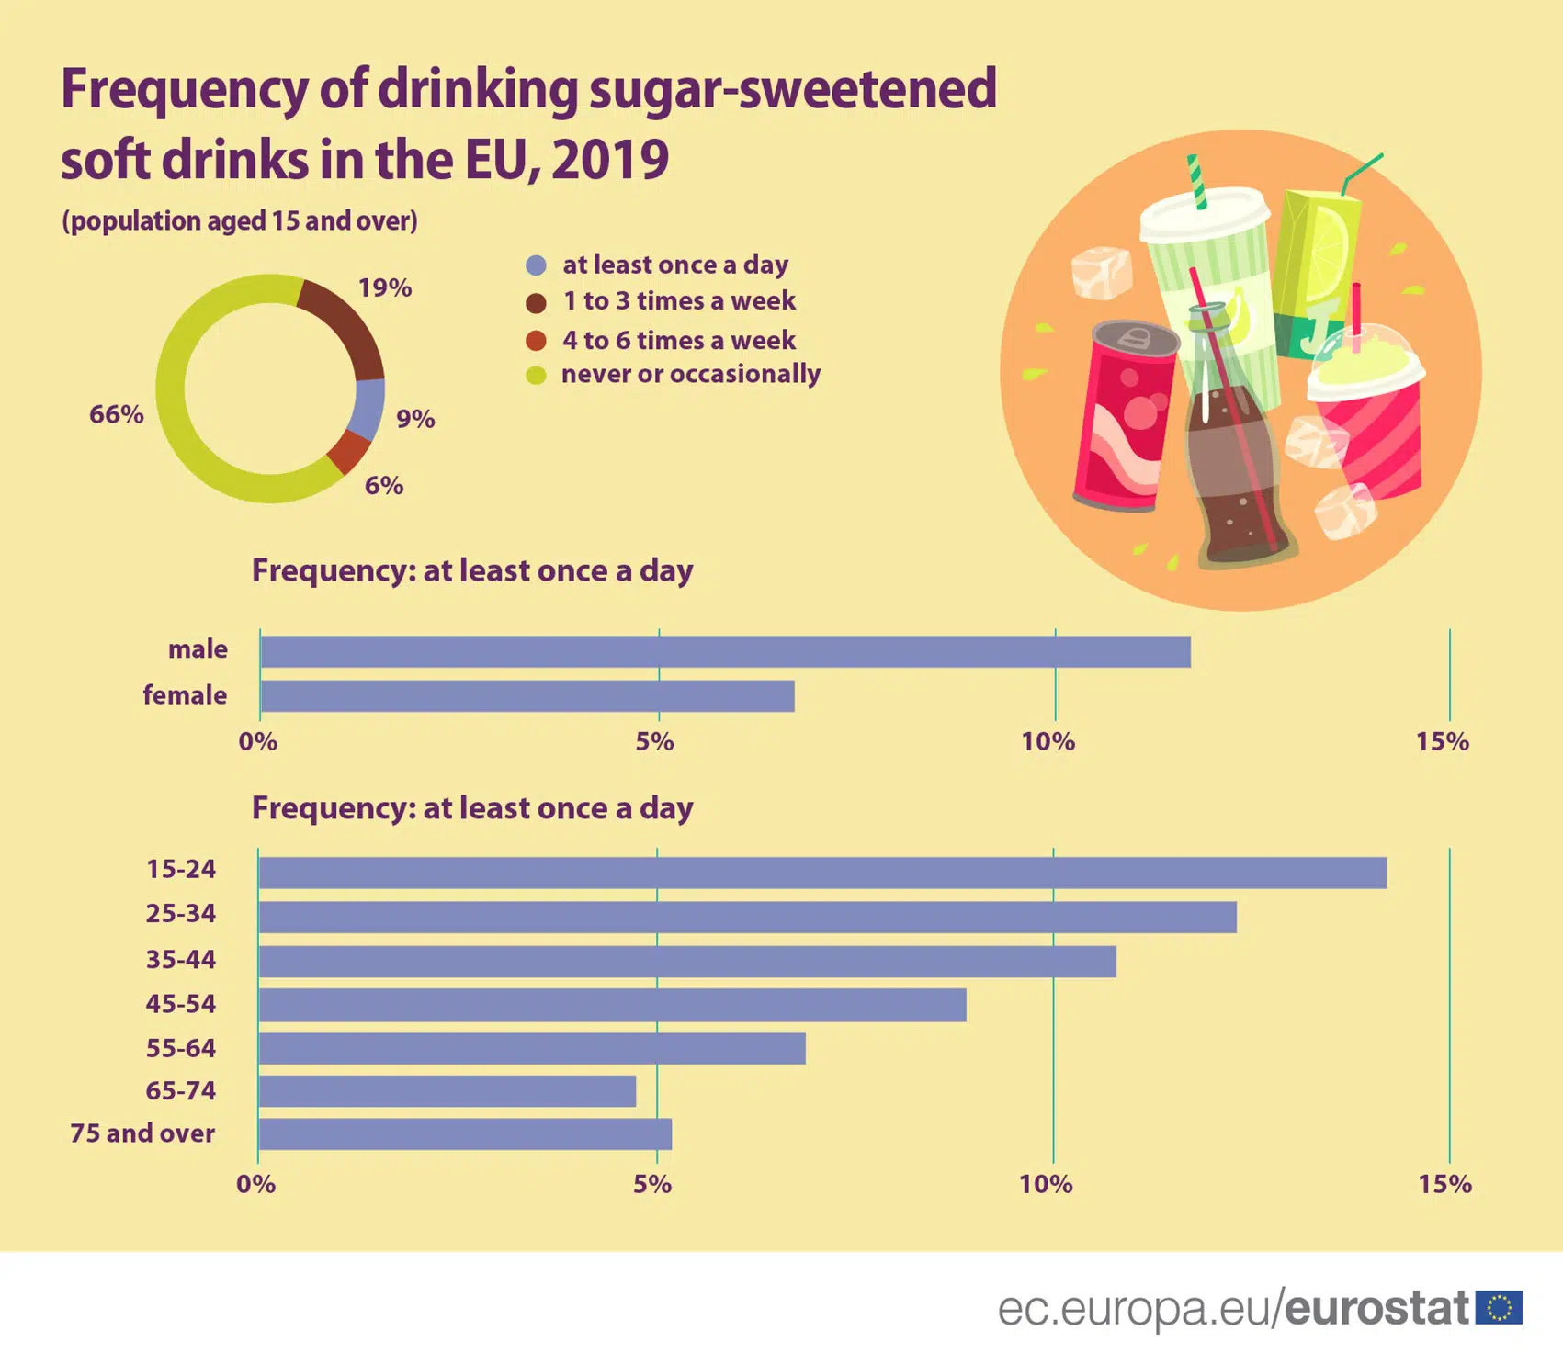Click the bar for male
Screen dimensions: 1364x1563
(x=725, y=651)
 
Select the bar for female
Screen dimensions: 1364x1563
(x=527, y=696)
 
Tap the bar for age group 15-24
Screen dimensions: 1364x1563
(x=822, y=873)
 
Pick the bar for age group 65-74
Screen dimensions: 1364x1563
(x=447, y=1091)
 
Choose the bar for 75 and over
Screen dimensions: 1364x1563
(x=465, y=1134)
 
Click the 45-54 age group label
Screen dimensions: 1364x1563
(x=181, y=1003)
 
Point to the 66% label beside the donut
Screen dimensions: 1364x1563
(x=116, y=414)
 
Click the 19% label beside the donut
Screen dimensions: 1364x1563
(x=384, y=287)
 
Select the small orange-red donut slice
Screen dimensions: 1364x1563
(x=349, y=450)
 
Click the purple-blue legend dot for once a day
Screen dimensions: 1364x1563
(x=536, y=265)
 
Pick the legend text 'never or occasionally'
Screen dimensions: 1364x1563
(x=691, y=374)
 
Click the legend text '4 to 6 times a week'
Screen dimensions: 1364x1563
(x=679, y=340)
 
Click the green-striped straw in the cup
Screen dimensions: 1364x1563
(x=1195, y=181)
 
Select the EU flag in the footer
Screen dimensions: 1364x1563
(x=1499, y=1307)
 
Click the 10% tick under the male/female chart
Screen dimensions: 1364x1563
(x=1048, y=741)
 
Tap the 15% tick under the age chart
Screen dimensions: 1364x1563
(x=1444, y=1184)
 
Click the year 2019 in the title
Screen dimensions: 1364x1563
(x=610, y=160)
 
